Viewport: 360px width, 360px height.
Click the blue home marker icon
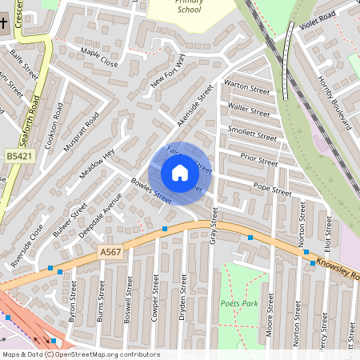click(x=180, y=173)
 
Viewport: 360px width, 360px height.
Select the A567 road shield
click(x=112, y=252)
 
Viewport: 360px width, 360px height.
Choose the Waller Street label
click(x=249, y=107)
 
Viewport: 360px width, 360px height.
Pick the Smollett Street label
click(x=252, y=132)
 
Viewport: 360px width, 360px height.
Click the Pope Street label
click(x=272, y=190)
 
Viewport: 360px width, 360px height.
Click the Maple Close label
click(x=98, y=57)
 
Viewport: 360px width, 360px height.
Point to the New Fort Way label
click(x=168, y=74)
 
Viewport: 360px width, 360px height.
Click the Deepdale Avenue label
click(x=100, y=216)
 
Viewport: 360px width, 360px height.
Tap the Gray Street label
click(x=214, y=226)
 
